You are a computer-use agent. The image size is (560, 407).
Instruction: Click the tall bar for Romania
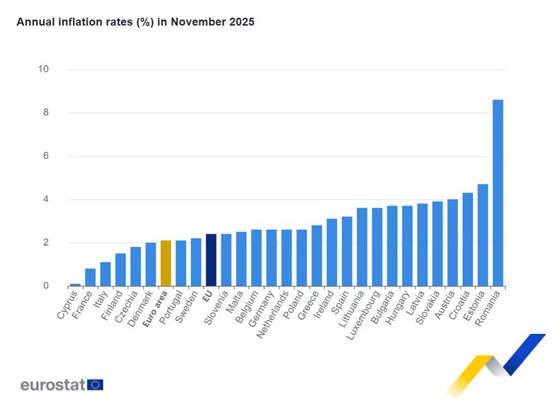(498, 193)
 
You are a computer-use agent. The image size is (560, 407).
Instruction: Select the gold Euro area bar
(166, 263)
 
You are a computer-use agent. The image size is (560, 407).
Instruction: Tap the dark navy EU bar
(211, 260)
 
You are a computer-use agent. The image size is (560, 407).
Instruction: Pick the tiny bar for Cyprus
(75, 284)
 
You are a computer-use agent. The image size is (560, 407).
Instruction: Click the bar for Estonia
(483, 235)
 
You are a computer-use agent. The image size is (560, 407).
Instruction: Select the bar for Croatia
(468, 239)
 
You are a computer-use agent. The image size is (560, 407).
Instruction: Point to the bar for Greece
(317, 256)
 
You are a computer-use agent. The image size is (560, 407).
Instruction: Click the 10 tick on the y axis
(43, 69)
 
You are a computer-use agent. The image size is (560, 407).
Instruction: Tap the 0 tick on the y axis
(46, 286)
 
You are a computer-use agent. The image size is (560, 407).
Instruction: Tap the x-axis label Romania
(490, 308)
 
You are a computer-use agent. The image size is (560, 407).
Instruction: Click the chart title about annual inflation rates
(136, 22)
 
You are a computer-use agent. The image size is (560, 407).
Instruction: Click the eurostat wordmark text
(52, 384)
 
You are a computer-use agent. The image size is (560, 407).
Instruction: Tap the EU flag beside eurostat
(95, 384)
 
